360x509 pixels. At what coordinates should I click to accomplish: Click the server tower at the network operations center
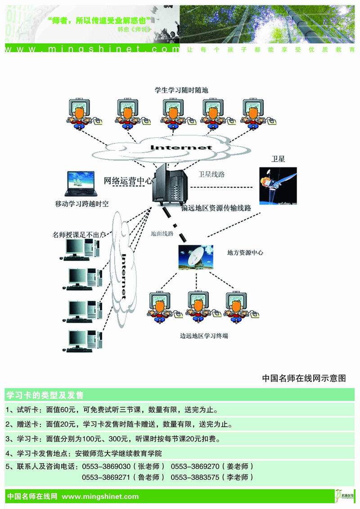point(171,185)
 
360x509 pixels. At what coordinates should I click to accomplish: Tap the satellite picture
point(278,186)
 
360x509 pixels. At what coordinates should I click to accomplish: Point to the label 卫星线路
point(211,174)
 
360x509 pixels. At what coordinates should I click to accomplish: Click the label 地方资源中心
point(245,252)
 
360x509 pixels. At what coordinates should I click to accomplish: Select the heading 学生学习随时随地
point(181,90)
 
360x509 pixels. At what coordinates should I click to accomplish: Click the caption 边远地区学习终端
point(201,336)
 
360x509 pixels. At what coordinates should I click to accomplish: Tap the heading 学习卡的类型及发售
point(45,396)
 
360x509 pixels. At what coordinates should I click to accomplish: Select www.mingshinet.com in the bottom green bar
point(100,496)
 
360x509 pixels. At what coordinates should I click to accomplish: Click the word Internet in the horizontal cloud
point(181,148)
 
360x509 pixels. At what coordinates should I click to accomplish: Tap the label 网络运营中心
point(128,181)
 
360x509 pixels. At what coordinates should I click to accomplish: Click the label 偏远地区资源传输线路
point(216,208)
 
